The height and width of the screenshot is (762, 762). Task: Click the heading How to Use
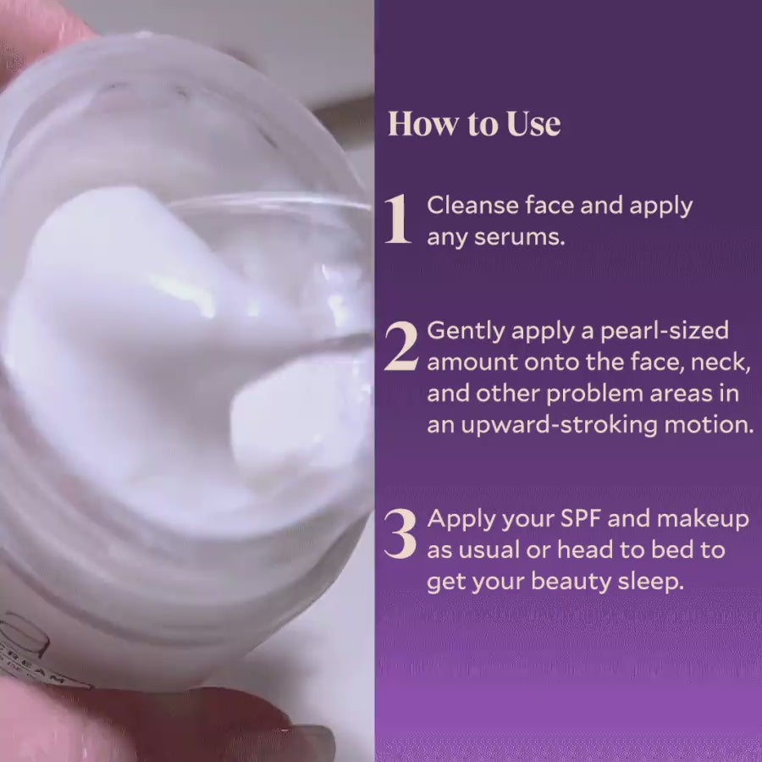pos(474,124)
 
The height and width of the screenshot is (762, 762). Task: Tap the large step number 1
pos(397,220)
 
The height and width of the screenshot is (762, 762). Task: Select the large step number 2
pos(400,346)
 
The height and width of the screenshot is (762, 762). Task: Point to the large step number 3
pos(400,533)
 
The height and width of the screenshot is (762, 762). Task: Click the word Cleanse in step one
pos(467,205)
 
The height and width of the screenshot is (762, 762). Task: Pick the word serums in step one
pos(526,236)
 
